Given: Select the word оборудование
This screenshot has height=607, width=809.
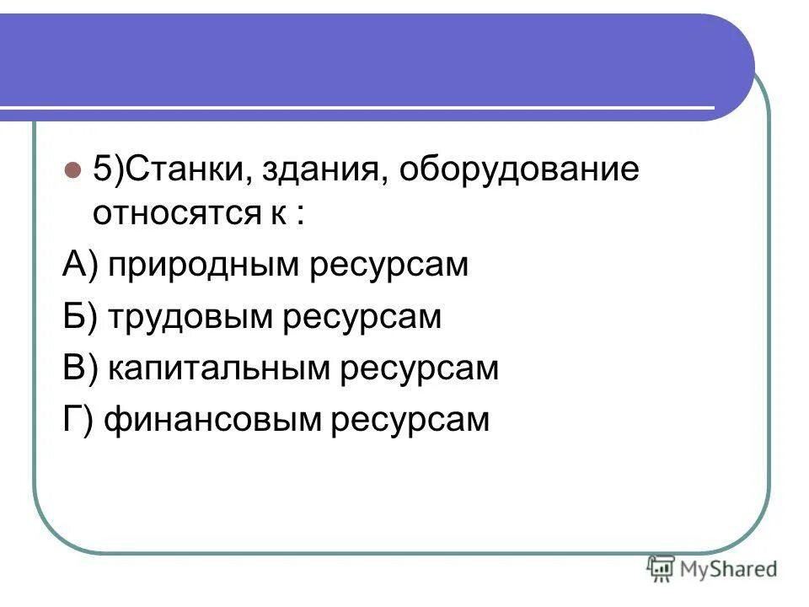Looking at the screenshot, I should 519,169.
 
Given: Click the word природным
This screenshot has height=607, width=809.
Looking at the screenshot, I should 206,266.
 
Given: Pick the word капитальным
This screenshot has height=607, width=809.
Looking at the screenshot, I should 222,368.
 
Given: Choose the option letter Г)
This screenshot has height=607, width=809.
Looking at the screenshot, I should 78,419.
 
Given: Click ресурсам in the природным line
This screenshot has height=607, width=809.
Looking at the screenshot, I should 390,266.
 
